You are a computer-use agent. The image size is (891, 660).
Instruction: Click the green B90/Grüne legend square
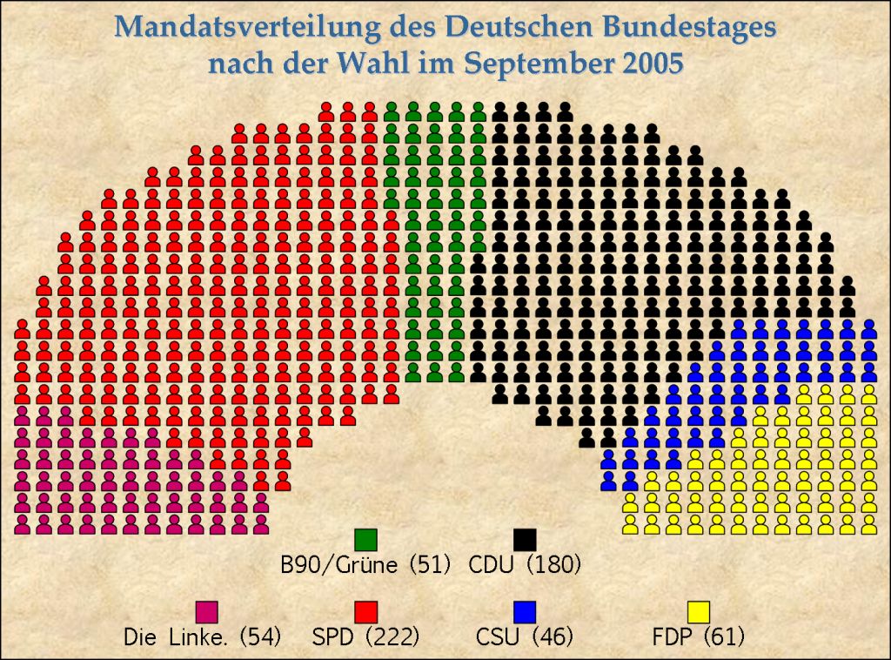(365, 539)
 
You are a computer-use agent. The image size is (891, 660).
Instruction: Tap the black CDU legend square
(525, 539)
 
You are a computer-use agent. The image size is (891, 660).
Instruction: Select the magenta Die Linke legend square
(206, 611)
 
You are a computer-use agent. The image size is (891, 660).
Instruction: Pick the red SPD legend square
(365, 611)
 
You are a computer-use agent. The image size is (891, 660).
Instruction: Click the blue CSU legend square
(525, 611)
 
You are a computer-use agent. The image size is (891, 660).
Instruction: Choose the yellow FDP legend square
(699, 611)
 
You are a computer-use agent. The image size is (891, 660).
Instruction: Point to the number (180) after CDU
(554, 564)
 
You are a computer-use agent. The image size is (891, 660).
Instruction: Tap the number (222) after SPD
(393, 637)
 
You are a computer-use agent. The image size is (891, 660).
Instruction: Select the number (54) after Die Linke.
(260, 637)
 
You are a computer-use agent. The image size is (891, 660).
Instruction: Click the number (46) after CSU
(552, 637)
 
